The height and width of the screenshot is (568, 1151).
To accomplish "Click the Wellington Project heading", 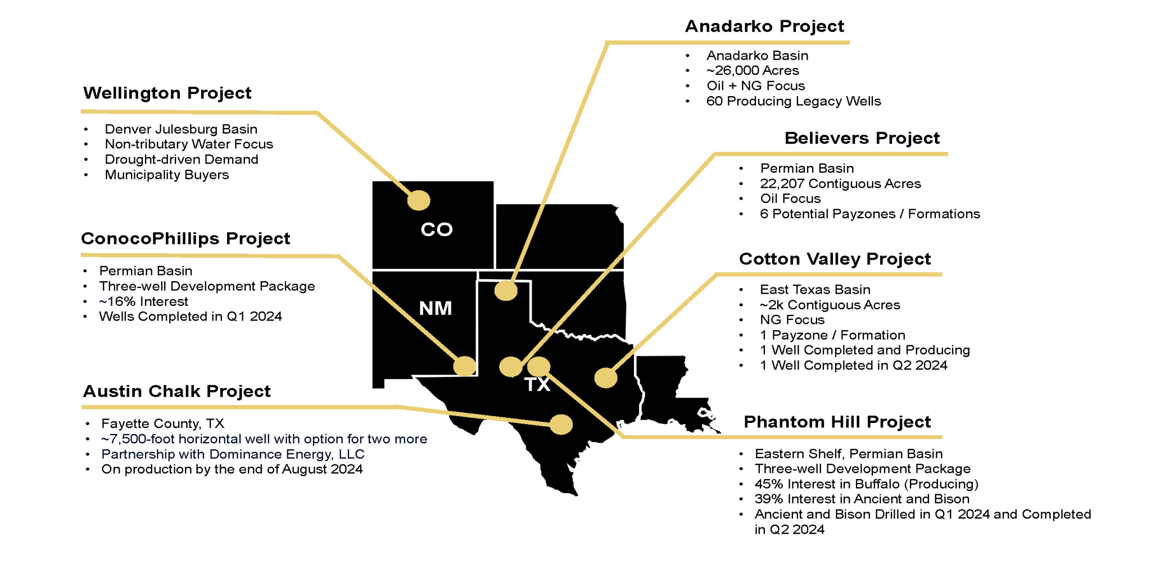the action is (167, 93).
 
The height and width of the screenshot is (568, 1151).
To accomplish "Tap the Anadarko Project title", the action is (764, 26).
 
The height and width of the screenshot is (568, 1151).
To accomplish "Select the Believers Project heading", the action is (862, 138).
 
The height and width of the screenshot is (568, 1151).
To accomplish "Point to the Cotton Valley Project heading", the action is (835, 259).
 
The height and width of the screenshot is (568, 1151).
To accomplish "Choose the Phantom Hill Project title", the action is (837, 422).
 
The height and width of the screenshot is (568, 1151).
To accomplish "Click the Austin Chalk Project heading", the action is (176, 391).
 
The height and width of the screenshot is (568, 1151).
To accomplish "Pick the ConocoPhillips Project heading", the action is (185, 239).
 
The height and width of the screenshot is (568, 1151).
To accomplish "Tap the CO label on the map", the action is (437, 229).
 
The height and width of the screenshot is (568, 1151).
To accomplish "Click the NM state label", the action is (436, 308).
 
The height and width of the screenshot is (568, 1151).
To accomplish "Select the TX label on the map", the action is (537, 385).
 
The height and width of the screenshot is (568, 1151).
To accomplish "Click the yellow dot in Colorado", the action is (419, 200).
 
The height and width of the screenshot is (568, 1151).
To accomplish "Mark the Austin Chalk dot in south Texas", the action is (561, 425).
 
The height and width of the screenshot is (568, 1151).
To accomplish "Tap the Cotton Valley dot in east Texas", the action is (606, 378).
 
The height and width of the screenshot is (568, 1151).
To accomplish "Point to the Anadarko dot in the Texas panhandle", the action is (506, 291).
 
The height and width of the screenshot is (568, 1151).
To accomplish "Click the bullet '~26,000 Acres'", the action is (753, 71).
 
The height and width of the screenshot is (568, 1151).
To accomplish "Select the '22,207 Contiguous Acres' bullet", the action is (840, 184).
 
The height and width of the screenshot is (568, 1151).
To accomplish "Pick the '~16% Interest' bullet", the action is (143, 302).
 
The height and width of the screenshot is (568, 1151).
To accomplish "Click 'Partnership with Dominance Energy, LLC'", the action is (233, 454).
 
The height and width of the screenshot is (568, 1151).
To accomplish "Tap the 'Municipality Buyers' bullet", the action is (167, 175).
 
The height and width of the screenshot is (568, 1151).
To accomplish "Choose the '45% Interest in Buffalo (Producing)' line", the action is (866, 484).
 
